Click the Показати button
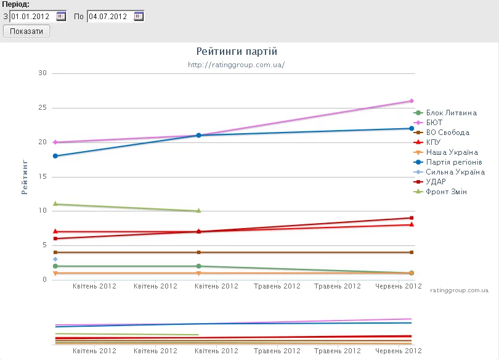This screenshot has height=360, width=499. [x=26, y=31]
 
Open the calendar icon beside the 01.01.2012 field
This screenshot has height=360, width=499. [x=61, y=16]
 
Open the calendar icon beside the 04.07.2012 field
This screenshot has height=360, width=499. [x=139, y=16]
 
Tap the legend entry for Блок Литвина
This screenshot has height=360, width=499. [x=451, y=113]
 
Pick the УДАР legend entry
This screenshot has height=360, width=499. [x=437, y=182]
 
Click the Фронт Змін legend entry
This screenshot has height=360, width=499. [x=447, y=192]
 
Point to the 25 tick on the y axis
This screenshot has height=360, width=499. [x=43, y=108]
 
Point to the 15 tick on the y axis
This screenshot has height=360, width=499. [x=43, y=177]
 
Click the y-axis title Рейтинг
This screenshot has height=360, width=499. [x=25, y=177]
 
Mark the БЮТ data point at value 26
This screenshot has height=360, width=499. [x=412, y=101]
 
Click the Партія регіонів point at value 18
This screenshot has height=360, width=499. [x=55, y=156]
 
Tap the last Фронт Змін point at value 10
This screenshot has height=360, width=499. [x=198, y=211]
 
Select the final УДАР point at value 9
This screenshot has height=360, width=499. [x=412, y=218]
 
